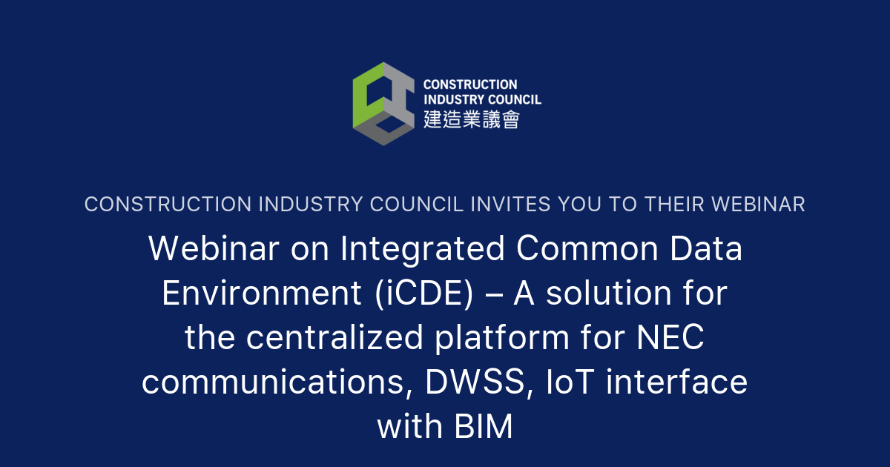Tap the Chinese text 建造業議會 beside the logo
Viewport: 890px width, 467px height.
tap(471, 119)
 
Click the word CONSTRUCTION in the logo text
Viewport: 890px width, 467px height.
tap(470, 85)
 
